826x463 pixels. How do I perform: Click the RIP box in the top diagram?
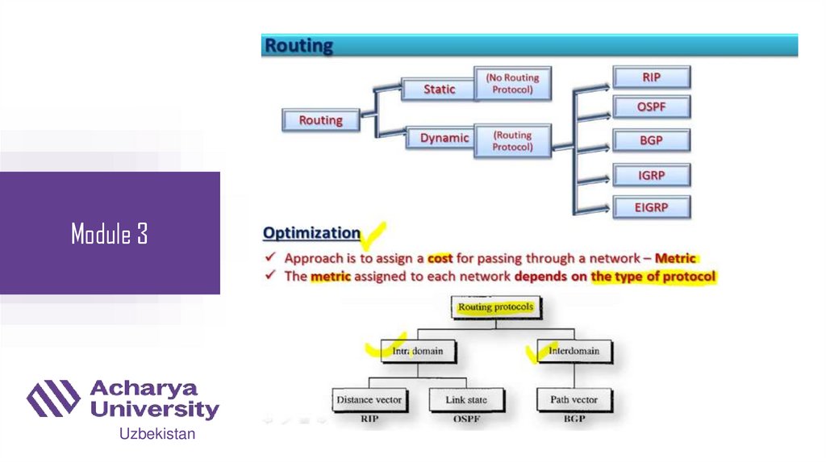pos(651,77)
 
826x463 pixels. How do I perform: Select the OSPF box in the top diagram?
pos(651,107)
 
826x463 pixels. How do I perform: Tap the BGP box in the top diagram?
pos(651,140)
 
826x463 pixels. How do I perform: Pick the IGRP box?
pos(651,174)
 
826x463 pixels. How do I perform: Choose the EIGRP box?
pos(651,207)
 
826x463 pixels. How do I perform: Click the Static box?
pos(439,90)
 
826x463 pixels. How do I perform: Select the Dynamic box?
pos(444,138)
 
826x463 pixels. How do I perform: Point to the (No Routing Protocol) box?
pos(512,84)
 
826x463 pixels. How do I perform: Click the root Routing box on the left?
pos(320,120)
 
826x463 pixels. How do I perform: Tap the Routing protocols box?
pos(495,307)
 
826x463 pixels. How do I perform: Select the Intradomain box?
pos(413,352)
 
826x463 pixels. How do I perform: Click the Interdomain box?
pos(574,352)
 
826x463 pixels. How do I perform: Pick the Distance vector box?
pos(369,399)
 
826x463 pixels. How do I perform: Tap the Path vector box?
pos(574,399)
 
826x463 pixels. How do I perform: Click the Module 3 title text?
pos(109,234)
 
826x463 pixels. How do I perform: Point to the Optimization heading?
pos(312,233)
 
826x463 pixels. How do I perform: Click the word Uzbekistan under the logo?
pos(157,435)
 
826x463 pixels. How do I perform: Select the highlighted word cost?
pos(440,258)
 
